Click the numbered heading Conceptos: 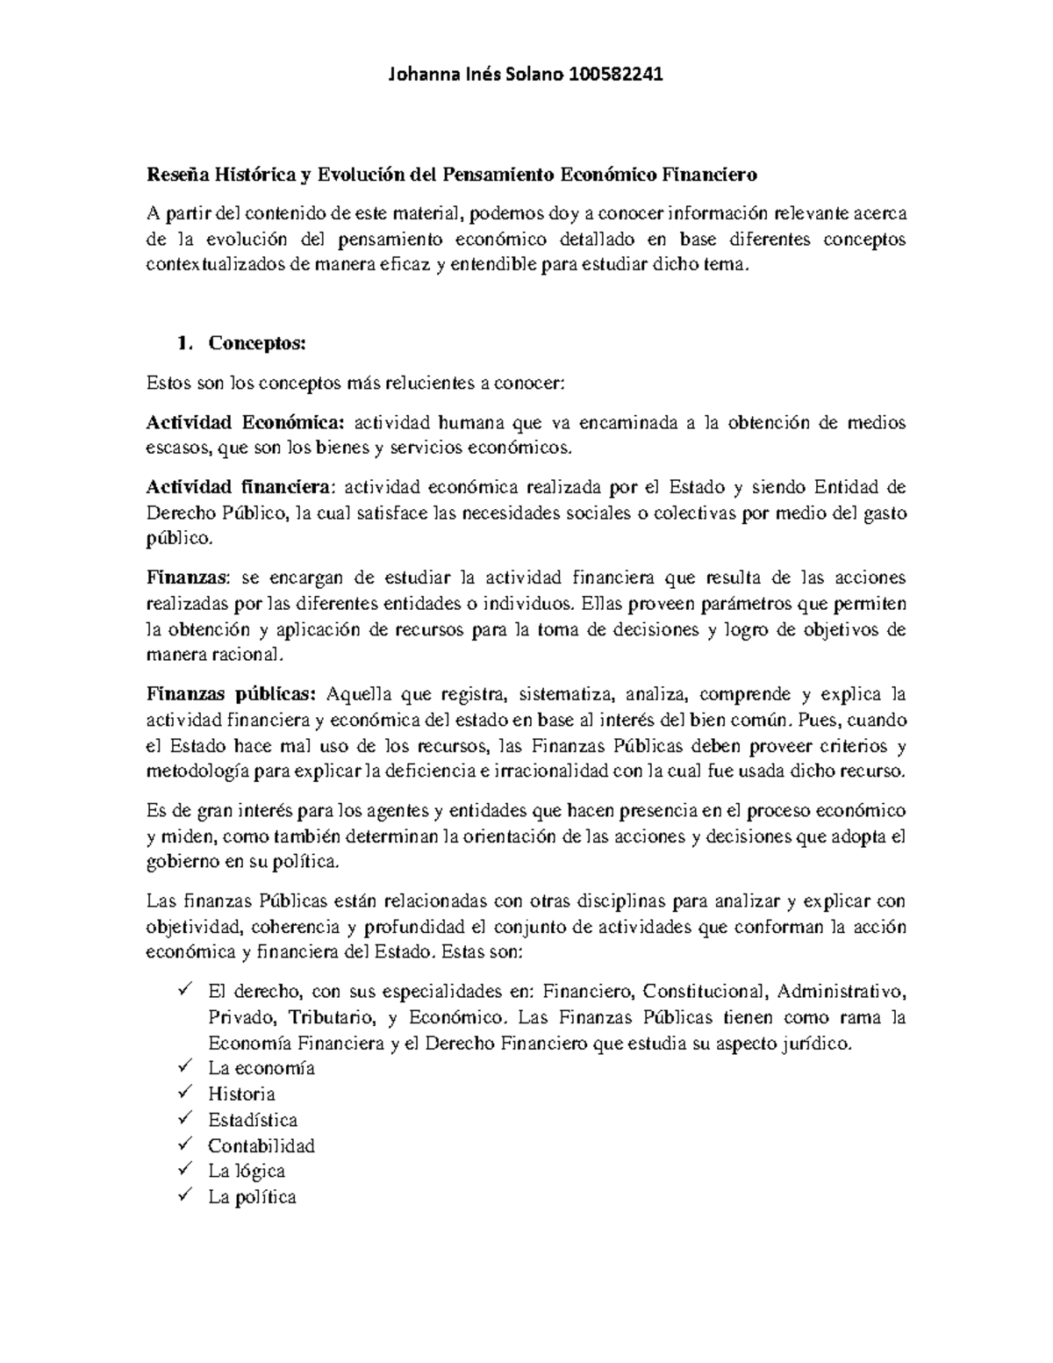point(256,343)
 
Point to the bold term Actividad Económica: point(246,423)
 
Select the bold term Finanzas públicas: point(231,694)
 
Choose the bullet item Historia point(241,1094)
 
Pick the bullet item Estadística point(253,1120)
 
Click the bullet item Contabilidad point(261,1145)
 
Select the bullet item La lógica point(246,1171)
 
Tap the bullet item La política point(252,1196)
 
